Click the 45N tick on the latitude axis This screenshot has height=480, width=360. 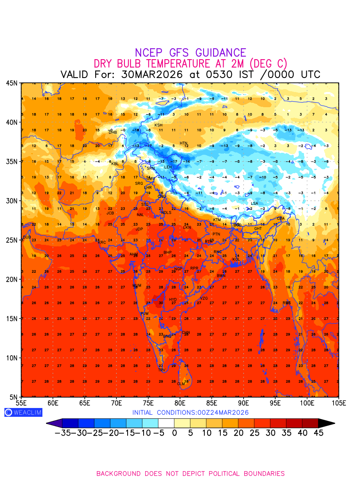coord(11,83)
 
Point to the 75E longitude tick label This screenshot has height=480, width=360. coord(148,403)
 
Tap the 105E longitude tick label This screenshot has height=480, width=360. coord(338,403)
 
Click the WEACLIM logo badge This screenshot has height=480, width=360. coord(23,412)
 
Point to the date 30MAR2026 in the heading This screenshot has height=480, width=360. coord(152,75)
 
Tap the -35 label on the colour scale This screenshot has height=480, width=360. coord(63,433)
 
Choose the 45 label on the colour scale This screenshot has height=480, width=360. coord(318,433)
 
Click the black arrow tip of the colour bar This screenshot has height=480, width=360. coord(327,423)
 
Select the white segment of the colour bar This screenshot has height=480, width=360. coord(166,423)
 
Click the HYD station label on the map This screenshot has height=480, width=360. coord(173,300)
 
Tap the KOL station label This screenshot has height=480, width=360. coord(236,260)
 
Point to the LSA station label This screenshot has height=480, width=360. coord(254,204)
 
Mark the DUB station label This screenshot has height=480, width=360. coord(27,237)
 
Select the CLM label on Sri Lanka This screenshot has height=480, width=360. coord(181,384)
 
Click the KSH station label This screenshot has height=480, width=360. coord(158,125)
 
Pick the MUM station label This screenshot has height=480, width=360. coord(137,286)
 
